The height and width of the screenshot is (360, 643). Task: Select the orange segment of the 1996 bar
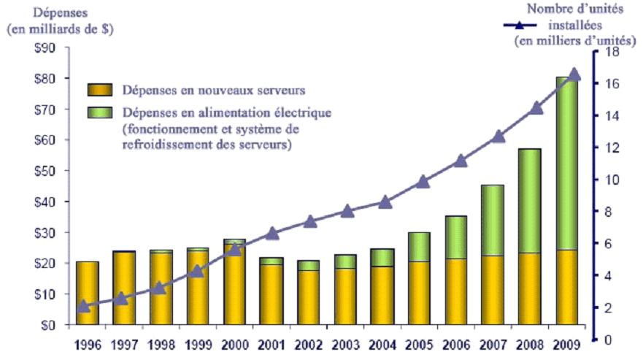click(88, 293)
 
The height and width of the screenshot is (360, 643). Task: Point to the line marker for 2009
click(574, 74)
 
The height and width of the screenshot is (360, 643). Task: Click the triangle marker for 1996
click(83, 306)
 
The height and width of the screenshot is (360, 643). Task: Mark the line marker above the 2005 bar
click(422, 182)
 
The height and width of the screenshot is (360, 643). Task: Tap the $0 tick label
click(57, 325)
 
